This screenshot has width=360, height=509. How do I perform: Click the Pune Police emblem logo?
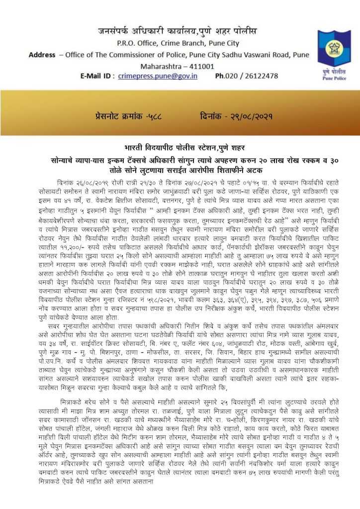coord(334,52)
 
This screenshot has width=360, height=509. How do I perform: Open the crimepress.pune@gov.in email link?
coord(158,76)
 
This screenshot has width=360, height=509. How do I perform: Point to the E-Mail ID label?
coord(97,76)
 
